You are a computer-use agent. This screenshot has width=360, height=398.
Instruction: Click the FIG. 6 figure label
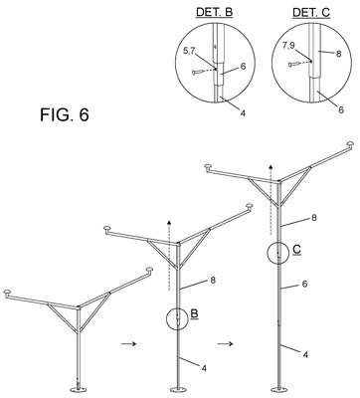click(x=65, y=114)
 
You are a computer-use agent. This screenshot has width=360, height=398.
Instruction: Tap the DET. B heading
click(x=215, y=12)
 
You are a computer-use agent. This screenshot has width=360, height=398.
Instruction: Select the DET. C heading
click(x=311, y=12)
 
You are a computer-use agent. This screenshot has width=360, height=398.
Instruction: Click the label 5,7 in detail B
click(x=189, y=51)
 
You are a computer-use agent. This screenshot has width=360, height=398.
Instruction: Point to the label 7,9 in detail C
click(x=288, y=46)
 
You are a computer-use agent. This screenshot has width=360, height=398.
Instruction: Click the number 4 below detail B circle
click(x=243, y=113)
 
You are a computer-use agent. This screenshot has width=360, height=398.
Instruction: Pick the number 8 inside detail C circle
click(x=338, y=54)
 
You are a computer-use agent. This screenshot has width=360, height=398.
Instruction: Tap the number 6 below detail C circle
click(x=341, y=109)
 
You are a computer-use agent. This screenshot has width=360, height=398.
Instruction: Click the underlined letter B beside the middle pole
click(x=195, y=314)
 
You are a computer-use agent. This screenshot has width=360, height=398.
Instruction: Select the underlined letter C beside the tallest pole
click(x=297, y=250)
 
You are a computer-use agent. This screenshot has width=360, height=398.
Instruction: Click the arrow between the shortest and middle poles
click(x=128, y=344)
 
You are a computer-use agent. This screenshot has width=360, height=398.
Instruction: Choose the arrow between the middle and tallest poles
click(x=225, y=344)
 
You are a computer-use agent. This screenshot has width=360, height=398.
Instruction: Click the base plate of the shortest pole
click(x=79, y=389)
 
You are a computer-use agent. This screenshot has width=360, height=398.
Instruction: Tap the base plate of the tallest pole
click(x=278, y=389)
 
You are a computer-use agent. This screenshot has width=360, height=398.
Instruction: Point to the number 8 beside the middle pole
click(x=213, y=281)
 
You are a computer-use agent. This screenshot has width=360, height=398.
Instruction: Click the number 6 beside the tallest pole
click(x=305, y=284)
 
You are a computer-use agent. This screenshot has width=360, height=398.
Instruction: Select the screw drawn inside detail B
click(x=198, y=72)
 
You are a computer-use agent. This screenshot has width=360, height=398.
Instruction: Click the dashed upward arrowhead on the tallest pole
click(x=270, y=167)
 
